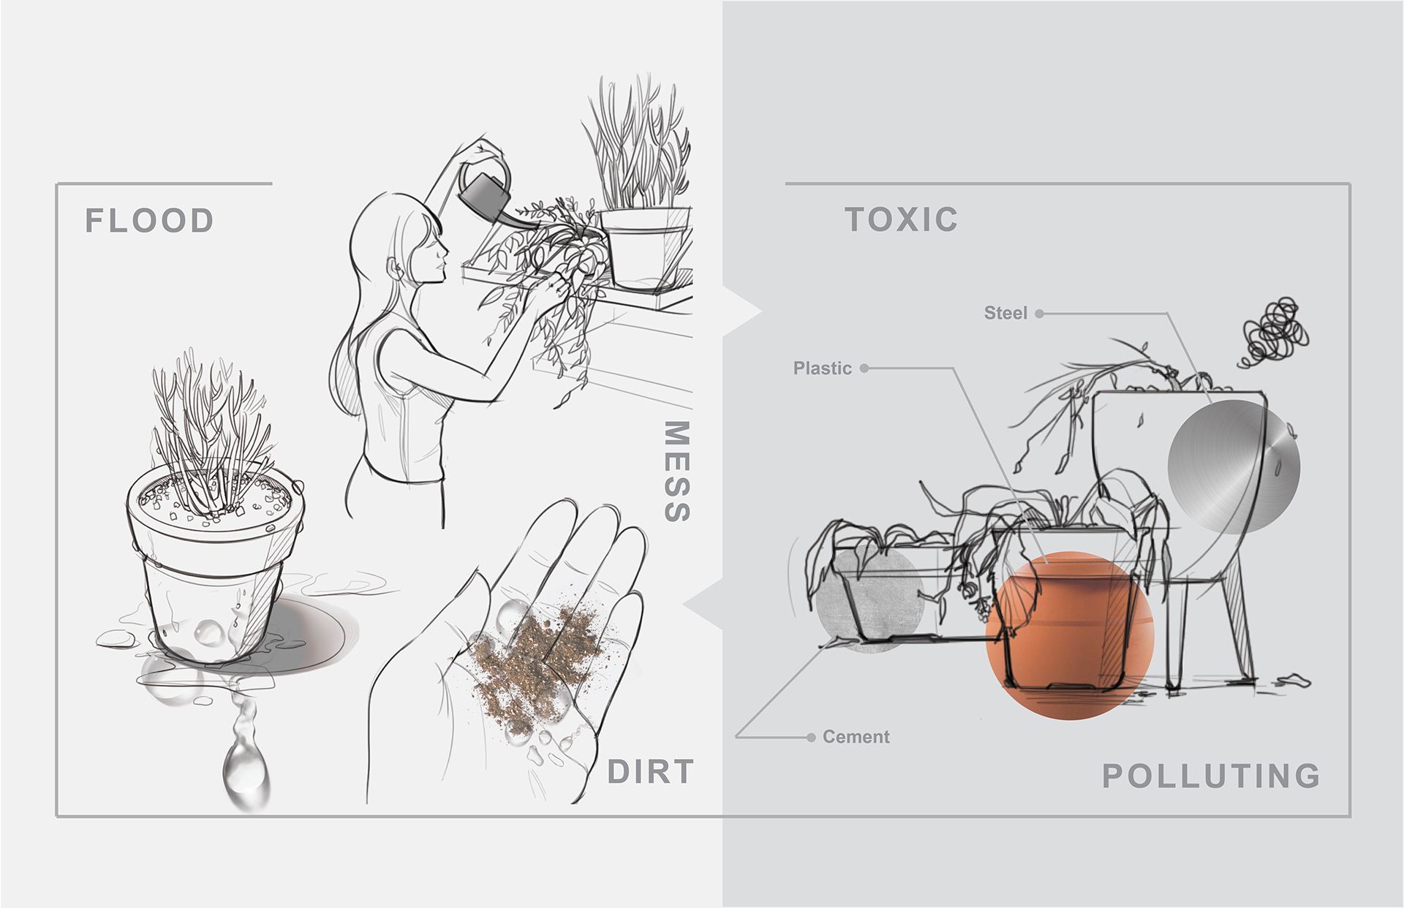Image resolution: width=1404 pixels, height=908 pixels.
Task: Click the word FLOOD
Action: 149,221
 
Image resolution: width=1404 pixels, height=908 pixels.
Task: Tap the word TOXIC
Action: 901,219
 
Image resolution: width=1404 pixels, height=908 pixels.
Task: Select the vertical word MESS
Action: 677,472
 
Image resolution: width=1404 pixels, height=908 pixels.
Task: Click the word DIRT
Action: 650,772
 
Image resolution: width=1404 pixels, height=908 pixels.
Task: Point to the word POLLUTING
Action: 1211,776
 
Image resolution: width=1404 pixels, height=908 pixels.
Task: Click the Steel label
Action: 1005,313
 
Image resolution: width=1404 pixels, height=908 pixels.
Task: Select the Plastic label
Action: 822,368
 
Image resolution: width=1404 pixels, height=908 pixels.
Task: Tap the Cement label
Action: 856,737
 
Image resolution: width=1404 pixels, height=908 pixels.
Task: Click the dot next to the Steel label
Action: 1039,314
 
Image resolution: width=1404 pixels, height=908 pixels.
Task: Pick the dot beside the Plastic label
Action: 864,368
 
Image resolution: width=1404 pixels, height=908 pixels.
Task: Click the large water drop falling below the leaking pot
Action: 245,768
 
